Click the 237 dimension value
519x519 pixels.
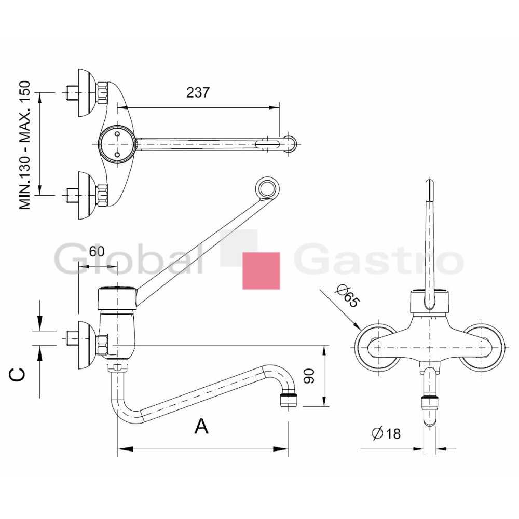198,92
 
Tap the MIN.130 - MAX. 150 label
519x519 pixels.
25,145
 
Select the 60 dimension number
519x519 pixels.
97,252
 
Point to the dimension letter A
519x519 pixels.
201,426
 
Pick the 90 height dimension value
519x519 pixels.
309,376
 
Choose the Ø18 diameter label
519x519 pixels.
386,433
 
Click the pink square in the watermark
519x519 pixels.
261,271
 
